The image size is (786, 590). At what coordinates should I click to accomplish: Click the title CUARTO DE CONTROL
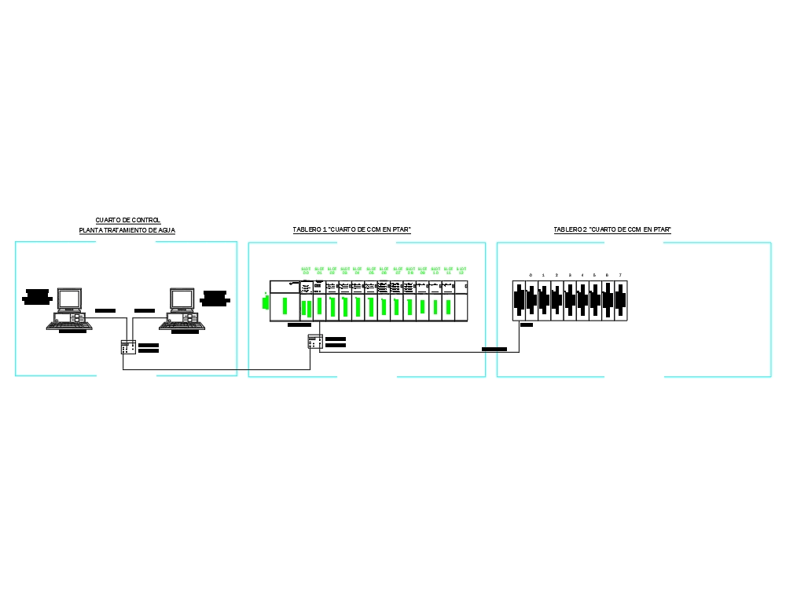(x=127, y=220)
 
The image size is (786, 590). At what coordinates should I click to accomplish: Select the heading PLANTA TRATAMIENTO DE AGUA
(x=127, y=230)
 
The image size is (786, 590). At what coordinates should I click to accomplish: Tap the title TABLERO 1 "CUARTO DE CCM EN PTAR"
(x=352, y=229)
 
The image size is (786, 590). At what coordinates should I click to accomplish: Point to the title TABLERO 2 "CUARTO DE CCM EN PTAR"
(x=612, y=229)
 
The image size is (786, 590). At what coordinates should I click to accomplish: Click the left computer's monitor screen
(x=69, y=299)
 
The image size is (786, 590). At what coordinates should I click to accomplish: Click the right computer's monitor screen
(x=182, y=299)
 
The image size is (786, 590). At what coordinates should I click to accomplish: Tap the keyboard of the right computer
(x=182, y=325)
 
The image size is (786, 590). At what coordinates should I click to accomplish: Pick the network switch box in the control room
(x=128, y=347)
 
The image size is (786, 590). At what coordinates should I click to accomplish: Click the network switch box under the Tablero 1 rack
(x=315, y=342)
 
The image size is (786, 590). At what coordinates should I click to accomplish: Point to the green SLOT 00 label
(x=306, y=270)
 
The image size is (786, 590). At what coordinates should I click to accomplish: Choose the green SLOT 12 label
(x=461, y=270)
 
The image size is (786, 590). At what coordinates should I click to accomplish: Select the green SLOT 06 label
(x=384, y=270)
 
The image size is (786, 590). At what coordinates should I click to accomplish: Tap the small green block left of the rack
(x=266, y=302)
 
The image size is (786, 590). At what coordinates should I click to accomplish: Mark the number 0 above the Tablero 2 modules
(x=531, y=275)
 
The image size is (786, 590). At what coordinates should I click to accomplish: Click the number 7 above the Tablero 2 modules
(x=620, y=275)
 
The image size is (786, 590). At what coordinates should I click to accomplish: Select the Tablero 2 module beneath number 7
(x=620, y=300)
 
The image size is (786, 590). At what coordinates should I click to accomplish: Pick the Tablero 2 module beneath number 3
(x=570, y=300)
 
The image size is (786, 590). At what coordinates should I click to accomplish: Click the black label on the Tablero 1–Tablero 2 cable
(x=494, y=348)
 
